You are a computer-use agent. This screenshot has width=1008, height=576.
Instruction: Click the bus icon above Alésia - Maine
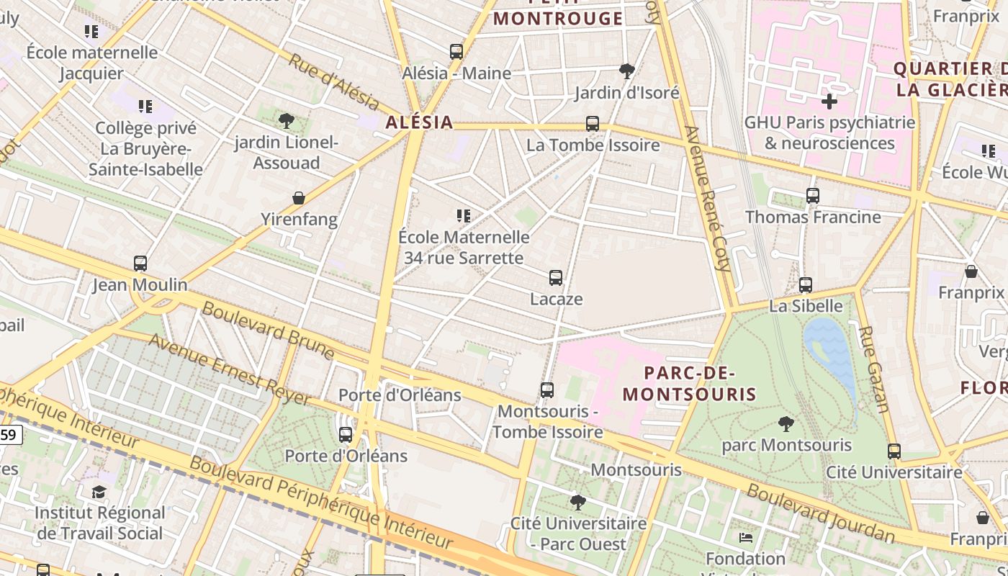456,52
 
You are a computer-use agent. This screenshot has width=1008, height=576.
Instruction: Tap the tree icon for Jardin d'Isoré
627,71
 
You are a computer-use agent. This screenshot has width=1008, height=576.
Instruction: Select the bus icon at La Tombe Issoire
593,124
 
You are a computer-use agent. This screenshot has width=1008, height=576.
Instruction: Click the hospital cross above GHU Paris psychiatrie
829,102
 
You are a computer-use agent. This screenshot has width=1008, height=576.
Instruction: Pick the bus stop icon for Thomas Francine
813,196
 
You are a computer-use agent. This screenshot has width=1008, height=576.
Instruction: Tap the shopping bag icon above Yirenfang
299,198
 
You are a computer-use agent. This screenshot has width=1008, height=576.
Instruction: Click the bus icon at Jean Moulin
140,264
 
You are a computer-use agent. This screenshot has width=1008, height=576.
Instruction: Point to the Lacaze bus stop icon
556,278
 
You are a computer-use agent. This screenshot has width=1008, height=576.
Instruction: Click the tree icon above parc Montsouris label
786,424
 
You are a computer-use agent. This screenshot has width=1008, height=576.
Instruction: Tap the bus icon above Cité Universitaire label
894,451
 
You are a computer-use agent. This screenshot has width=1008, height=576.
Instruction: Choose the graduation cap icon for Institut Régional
99,492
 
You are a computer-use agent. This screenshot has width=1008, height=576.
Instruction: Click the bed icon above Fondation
746,537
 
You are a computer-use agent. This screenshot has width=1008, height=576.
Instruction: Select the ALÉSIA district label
420,122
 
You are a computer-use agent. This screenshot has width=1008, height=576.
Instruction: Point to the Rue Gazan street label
874,369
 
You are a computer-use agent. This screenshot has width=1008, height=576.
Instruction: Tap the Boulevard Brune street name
268,330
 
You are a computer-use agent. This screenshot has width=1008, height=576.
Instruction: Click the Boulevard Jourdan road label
820,513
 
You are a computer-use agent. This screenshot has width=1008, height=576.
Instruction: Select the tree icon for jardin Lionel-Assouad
287,120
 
